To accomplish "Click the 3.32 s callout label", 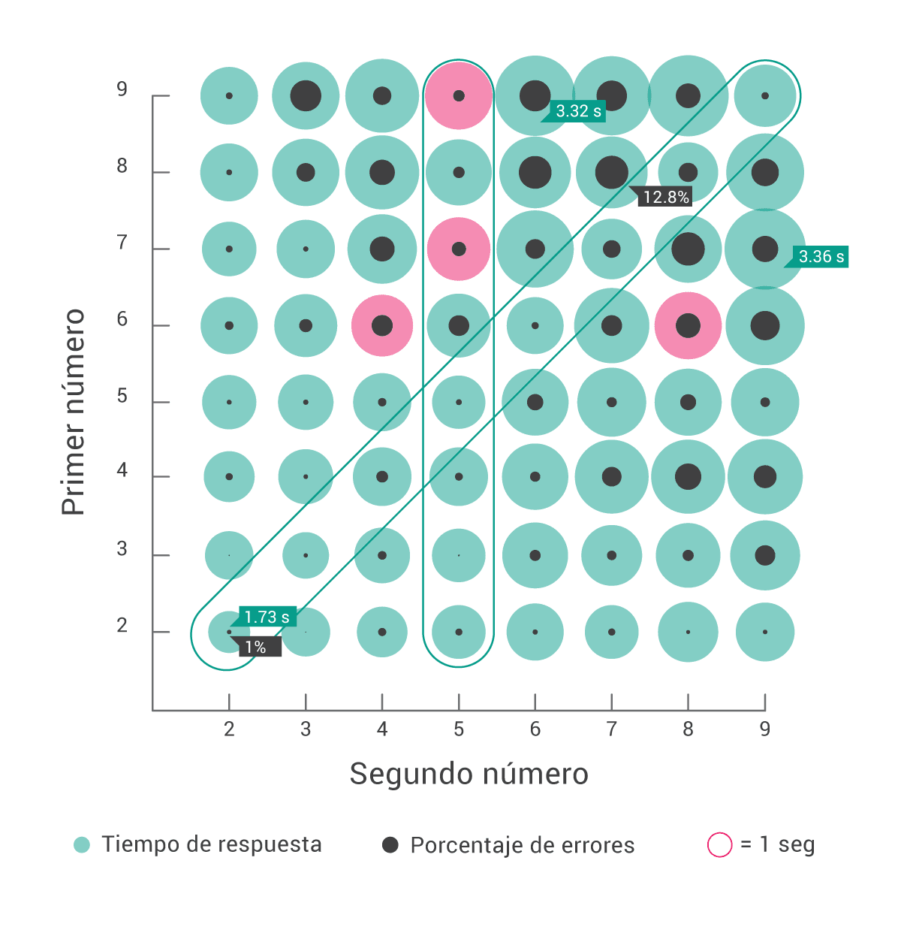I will (578, 111).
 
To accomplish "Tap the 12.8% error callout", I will (665, 197).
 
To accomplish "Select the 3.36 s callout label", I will (821, 256).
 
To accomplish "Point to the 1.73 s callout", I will (267, 617).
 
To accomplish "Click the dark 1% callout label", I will (257, 647).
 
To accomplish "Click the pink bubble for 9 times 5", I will (459, 96).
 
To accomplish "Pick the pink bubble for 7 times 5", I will (459, 249).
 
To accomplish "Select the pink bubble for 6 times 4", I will (382, 325).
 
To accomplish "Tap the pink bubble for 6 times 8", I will (688, 325).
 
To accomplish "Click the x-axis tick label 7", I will (611, 729).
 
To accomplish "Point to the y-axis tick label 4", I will (122, 471).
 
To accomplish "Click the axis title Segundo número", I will (469, 774).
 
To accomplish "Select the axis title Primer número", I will (74, 412).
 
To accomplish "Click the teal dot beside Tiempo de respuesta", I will (82, 844).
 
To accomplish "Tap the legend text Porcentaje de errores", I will (522, 845).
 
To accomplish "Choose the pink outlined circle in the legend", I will (719, 844).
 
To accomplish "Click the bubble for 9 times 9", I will (764, 96).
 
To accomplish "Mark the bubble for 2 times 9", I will (764, 632).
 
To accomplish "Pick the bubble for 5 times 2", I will (229, 402).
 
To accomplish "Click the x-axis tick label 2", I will (229, 729).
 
